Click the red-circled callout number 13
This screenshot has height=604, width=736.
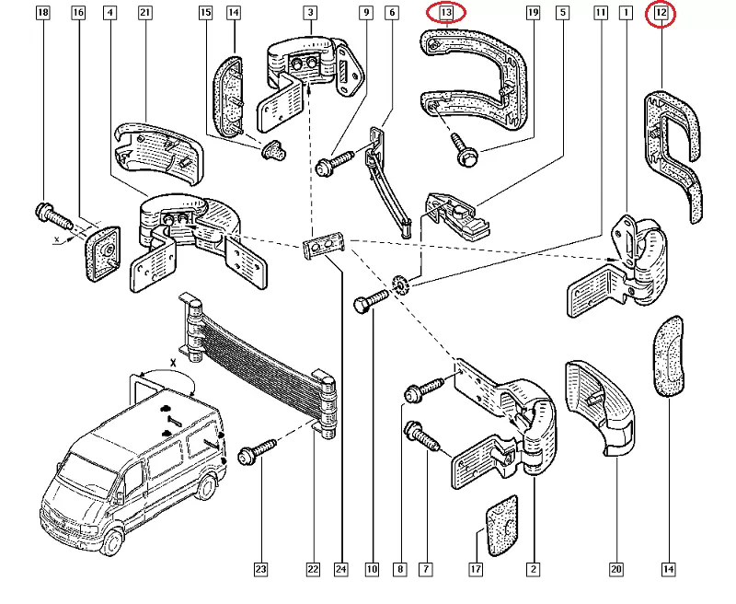(447, 13)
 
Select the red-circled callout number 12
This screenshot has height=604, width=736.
(661, 13)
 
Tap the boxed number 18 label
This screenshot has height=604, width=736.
(41, 13)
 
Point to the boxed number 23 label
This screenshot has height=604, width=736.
(260, 570)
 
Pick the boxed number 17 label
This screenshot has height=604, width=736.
(476, 570)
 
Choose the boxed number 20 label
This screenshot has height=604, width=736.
(616, 570)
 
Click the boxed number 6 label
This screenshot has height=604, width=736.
(392, 13)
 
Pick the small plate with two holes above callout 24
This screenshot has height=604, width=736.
(323, 247)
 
